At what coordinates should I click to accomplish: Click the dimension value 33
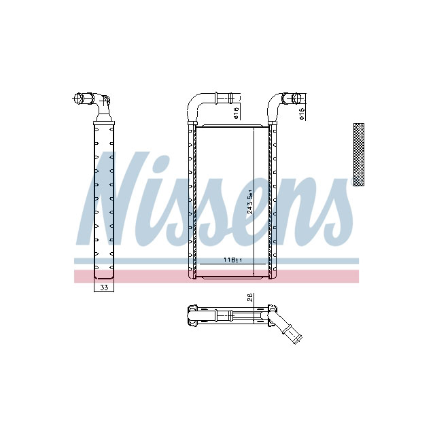[x=104, y=288]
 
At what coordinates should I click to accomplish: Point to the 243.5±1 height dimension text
[x=251, y=202]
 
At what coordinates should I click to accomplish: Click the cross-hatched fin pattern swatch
[x=359, y=154]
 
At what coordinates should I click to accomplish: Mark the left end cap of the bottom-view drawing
[x=191, y=315]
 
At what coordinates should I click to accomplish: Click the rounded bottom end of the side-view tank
[x=104, y=275]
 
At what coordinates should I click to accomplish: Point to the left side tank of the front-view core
[x=190, y=201]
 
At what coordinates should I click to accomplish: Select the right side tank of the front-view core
[x=273, y=201]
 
